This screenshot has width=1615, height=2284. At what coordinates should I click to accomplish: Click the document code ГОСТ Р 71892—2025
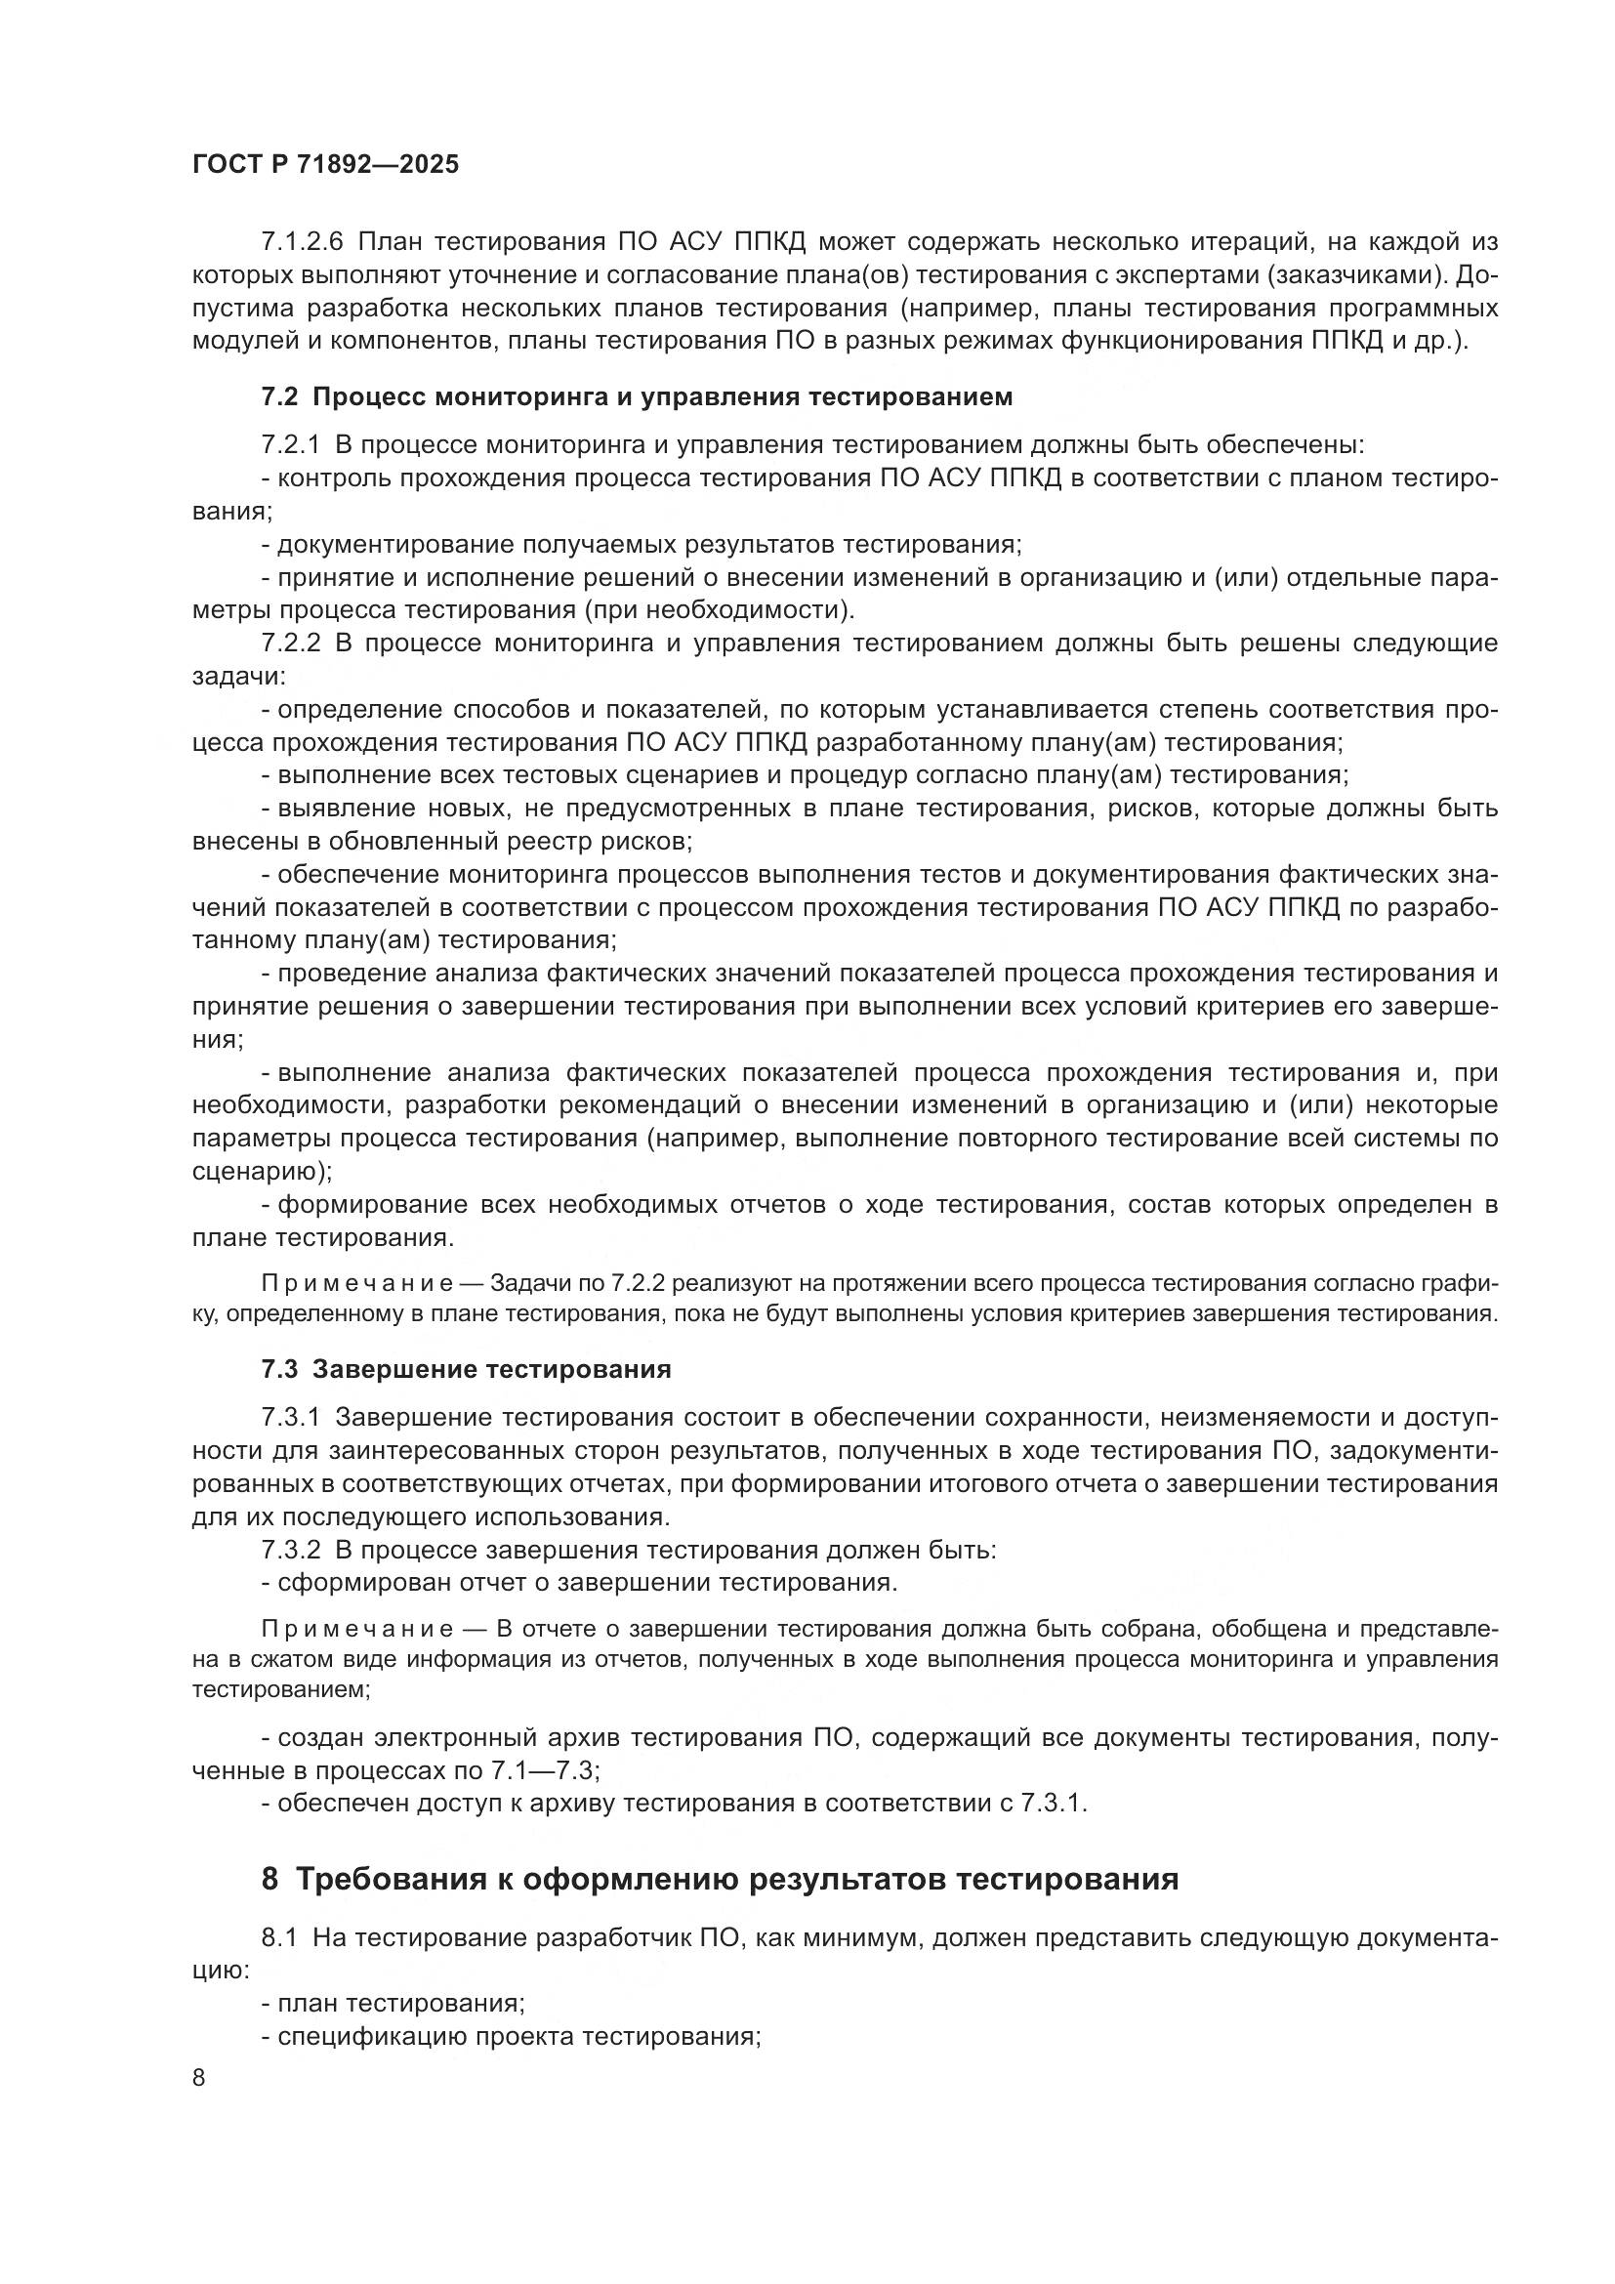pyautogui.click(x=325, y=165)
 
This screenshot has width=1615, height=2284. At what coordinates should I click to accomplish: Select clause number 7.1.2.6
pyautogui.click(x=302, y=242)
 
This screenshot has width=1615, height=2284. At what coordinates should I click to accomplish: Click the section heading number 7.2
pyautogui.click(x=279, y=396)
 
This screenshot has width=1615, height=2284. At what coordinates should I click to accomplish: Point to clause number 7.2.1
pyautogui.click(x=290, y=444)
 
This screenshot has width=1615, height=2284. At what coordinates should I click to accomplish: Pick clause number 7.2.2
pyautogui.click(x=290, y=643)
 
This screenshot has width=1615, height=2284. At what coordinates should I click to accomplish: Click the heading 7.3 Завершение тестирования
pyautogui.click(x=466, y=1369)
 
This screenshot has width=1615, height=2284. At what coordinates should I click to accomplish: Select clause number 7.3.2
pyautogui.click(x=290, y=1549)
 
